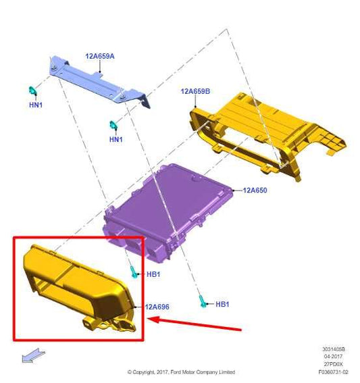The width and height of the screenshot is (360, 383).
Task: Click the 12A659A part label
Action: [x=99, y=56]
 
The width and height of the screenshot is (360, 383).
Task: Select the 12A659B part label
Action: [x=196, y=91]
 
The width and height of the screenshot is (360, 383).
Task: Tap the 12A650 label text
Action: [x=255, y=190]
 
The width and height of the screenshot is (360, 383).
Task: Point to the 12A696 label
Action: [x=157, y=307]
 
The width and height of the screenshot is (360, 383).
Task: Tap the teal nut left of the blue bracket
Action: [x=31, y=91]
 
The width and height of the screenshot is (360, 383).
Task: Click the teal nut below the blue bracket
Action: [x=115, y=125]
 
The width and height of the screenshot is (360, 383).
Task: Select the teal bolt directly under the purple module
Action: [x=134, y=272]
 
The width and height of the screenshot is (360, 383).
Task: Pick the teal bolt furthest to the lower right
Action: [x=202, y=302]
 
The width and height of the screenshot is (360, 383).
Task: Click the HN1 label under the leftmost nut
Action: [x=35, y=105]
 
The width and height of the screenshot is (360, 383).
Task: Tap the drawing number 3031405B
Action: [x=334, y=350]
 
